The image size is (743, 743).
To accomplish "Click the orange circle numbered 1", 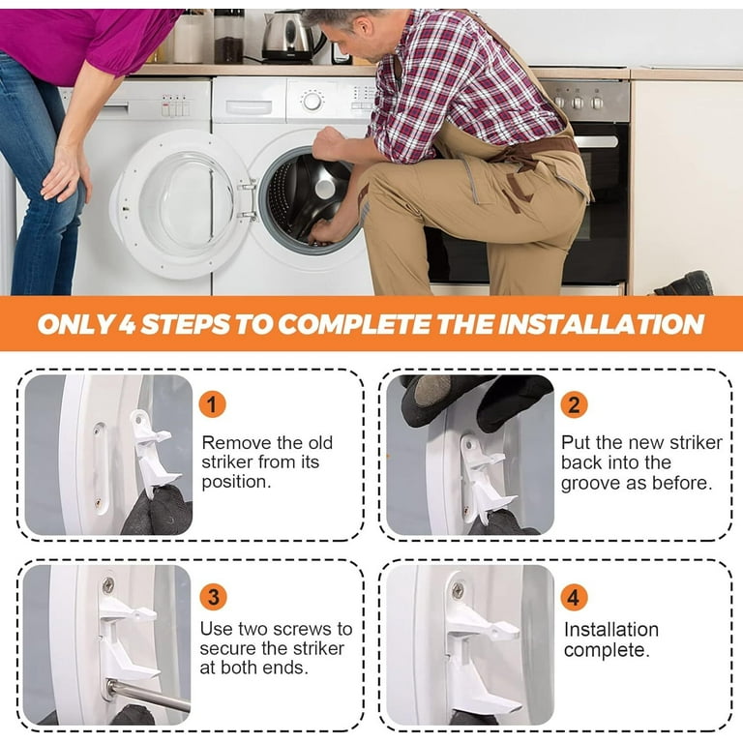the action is point(212,404).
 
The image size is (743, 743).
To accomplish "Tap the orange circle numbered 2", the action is point(574,404).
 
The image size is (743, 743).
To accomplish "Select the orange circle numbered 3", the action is point(213,597).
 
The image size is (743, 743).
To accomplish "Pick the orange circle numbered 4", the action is point(574,597).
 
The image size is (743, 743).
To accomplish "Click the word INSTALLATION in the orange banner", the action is point(602,324).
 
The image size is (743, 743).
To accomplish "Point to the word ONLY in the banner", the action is point(75,324).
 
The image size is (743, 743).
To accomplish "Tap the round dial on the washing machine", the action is point(312,102).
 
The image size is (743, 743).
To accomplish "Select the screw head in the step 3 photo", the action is point(108,585).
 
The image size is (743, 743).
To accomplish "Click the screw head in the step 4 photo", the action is point(458,590).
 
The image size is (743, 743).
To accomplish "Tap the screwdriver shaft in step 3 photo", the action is point(148,697).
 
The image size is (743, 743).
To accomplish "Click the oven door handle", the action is point(596,141).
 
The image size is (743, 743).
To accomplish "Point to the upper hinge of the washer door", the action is point(248,186).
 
